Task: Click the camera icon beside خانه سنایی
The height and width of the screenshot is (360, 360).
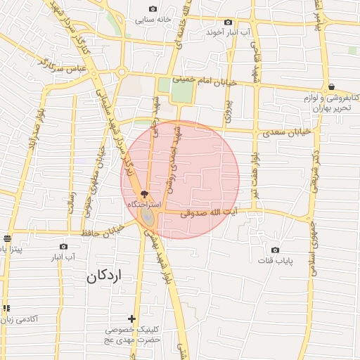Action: tap(134, 8)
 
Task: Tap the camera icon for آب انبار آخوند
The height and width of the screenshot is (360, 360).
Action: tap(229, 22)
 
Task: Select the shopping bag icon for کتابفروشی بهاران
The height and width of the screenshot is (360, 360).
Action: tap(331, 86)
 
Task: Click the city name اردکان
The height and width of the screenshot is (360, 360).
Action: tap(105, 276)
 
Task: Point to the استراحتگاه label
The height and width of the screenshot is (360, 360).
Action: tap(143, 203)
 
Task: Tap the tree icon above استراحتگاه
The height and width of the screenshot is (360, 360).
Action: tap(144, 193)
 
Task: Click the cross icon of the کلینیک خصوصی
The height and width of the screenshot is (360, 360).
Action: tap(131, 319)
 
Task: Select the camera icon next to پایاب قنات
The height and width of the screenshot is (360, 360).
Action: tap(275, 250)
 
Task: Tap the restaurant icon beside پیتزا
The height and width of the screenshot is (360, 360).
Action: tap(7, 238)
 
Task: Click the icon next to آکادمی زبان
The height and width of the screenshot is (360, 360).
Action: tap(7, 308)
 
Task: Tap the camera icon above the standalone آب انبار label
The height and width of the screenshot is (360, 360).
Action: tap(63, 247)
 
